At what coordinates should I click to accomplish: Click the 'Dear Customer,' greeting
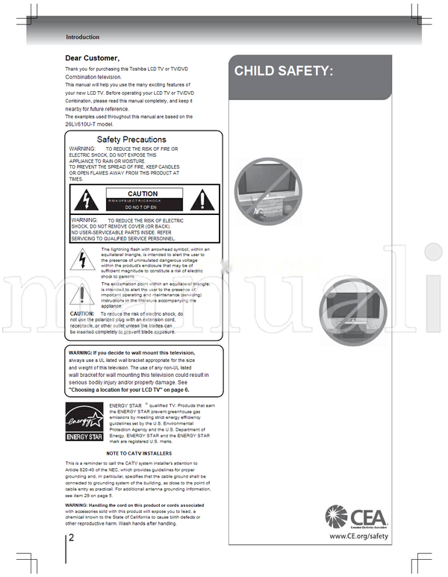(92, 58)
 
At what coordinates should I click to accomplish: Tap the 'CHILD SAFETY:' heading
(283, 72)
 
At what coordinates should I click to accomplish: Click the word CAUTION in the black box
(143, 194)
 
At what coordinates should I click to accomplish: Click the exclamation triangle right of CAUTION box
(201, 199)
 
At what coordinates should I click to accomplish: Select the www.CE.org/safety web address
(358, 536)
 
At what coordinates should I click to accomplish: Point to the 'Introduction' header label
(82, 37)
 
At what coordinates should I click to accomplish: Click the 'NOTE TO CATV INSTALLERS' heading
(139, 454)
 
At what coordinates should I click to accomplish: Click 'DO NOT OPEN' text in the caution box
(143, 208)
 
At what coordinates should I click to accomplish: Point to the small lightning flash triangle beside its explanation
(79, 260)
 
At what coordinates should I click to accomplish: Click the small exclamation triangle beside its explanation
(79, 295)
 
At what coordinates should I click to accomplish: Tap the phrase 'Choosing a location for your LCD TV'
(119, 390)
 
